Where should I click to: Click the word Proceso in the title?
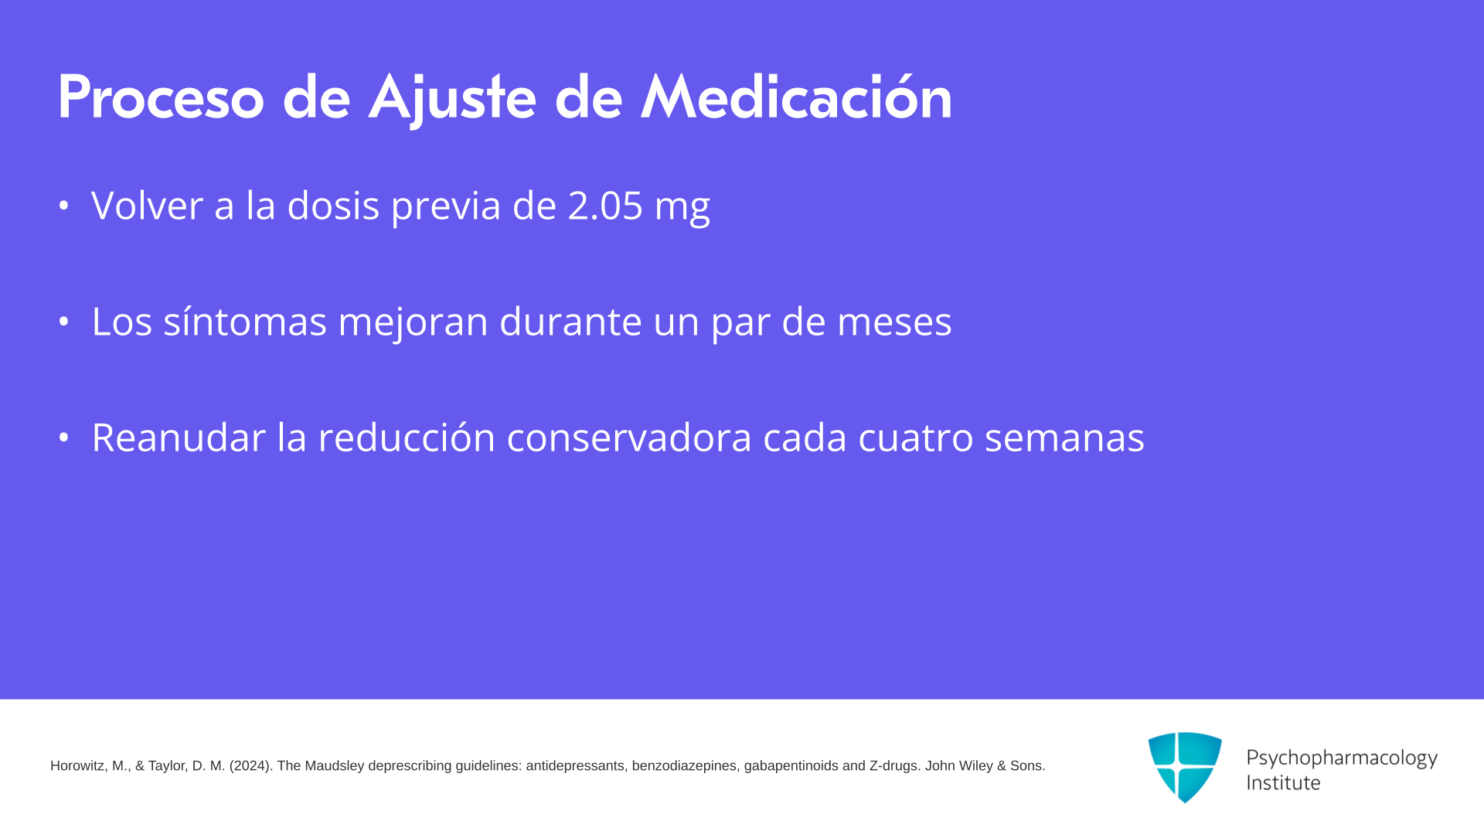point(161,97)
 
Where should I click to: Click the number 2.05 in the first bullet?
point(605,206)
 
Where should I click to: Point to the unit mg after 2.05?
point(682,209)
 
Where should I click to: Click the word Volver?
point(147,206)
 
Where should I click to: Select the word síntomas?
point(245,322)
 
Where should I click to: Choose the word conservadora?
point(629,438)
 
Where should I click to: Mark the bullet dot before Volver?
point(63,206)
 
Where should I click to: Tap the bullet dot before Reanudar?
point(63,438)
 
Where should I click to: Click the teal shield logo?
point(1185,767)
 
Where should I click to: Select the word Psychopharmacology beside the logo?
point(1342,758)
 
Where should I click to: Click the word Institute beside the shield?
point(1283,782)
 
